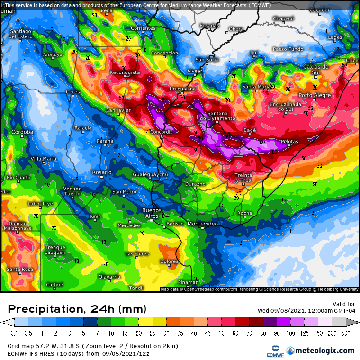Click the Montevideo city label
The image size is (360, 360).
click(203, 224)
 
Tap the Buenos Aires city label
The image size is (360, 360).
click(152, 213)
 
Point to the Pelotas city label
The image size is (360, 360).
click(289, 142)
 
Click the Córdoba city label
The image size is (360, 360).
click(22, 132)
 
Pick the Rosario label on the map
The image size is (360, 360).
click(102, 172)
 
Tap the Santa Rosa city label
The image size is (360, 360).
click(20, 270)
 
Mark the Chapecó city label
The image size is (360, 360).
click(283, 18)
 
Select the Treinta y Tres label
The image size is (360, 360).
click(243, 178)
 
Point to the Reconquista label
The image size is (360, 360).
click(125, 72)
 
